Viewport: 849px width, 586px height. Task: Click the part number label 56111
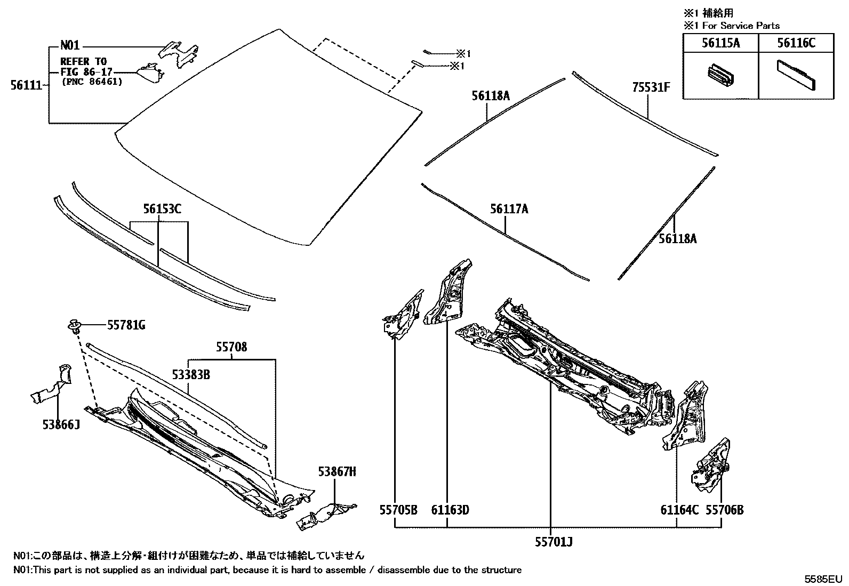26,84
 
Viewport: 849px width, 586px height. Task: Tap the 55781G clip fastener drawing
75,325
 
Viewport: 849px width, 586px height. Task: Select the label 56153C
162,209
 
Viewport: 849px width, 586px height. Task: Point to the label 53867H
337,471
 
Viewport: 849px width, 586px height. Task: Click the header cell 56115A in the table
720,43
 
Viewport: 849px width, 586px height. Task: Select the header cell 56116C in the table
796,43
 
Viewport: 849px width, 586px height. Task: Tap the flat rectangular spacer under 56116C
796,74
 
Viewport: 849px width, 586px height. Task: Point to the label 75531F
651,87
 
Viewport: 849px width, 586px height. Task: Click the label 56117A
509,209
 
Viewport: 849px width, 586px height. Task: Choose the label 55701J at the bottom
554,542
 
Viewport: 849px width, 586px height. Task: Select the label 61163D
450,510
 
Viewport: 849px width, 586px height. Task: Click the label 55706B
724,510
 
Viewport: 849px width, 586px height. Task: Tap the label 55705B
398,510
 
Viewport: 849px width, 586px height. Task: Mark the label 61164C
679,510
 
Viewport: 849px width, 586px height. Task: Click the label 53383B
190,375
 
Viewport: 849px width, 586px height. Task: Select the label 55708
231,348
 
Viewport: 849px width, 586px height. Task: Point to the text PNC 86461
92,82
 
